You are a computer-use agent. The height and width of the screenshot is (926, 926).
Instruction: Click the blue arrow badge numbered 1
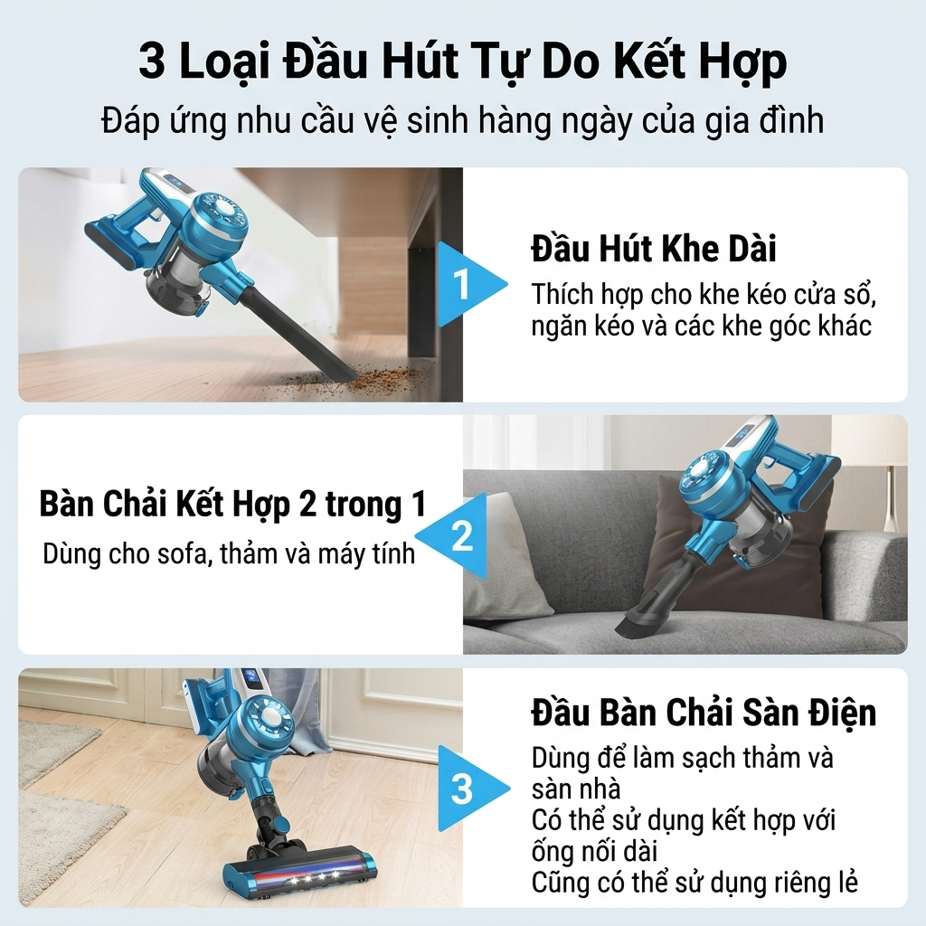(467, 285)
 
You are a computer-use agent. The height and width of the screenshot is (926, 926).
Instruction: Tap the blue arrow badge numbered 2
(456, 536)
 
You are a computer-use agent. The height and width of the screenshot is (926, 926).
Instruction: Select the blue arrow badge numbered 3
(469, 788)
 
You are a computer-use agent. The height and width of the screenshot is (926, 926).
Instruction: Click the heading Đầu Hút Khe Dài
(653, 249)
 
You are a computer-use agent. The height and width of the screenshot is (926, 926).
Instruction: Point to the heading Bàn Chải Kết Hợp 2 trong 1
(232, 505)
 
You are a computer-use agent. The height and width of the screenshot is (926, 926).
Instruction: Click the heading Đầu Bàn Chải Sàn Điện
(704, 713)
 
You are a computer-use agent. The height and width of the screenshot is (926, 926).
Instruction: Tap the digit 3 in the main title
(152, 61)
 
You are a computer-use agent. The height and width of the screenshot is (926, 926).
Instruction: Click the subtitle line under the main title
(462, 120)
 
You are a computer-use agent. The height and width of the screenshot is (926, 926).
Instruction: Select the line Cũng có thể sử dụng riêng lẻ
(694, 883)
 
